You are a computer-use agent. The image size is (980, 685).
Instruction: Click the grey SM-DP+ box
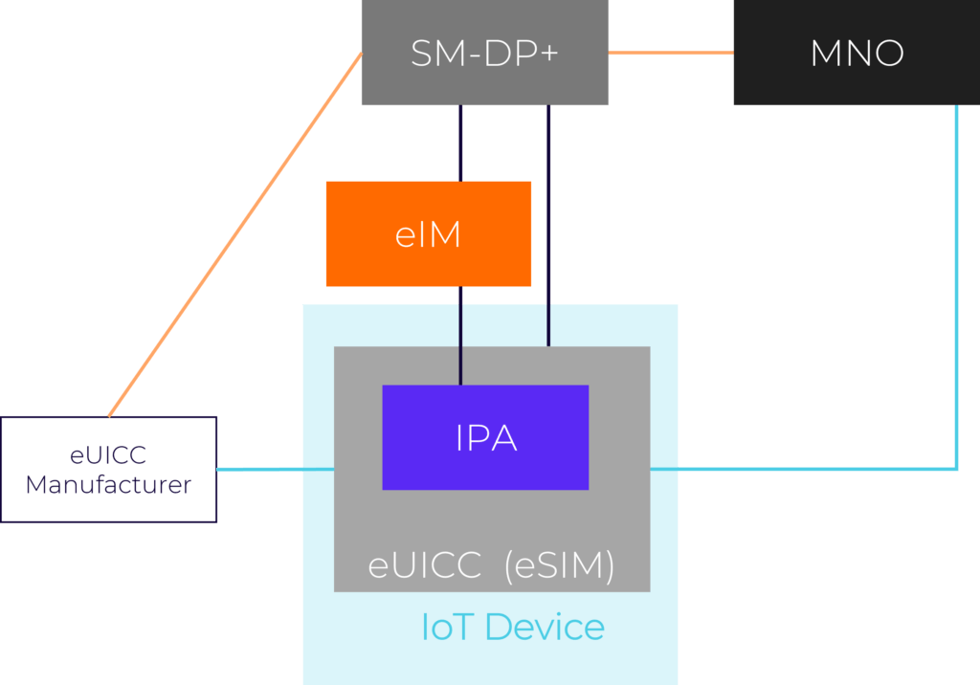(x=484, y=53)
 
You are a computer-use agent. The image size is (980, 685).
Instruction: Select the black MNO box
(x=857, y=53)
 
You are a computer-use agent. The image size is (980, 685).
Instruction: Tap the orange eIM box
(x=428, y=233)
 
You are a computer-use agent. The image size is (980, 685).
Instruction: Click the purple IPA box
(x=485, y=437)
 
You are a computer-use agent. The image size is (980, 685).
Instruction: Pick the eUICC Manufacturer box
(x=108, y=469)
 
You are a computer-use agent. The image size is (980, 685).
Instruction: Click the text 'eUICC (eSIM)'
(x=491, y=566)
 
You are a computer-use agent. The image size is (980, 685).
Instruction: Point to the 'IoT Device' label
(x=513, y=628)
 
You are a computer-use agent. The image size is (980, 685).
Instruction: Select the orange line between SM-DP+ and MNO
(x=670, y=53)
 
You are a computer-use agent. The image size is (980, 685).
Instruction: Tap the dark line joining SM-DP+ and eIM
(x=461, y=144)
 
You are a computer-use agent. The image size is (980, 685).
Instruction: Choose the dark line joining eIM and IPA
(x=461, y=335)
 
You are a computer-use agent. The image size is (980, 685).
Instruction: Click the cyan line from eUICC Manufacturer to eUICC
(x=276, y=469)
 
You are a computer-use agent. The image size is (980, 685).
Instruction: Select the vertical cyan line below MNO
(x=956, y=287)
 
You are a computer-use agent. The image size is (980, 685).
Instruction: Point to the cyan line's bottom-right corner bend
(x=955, y=468)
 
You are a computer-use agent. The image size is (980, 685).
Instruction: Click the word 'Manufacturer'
(x=108, y=485)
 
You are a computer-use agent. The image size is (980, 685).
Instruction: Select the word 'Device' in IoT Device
(x=545, y=628)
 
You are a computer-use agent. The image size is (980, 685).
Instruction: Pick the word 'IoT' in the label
(x=448, y=628)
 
